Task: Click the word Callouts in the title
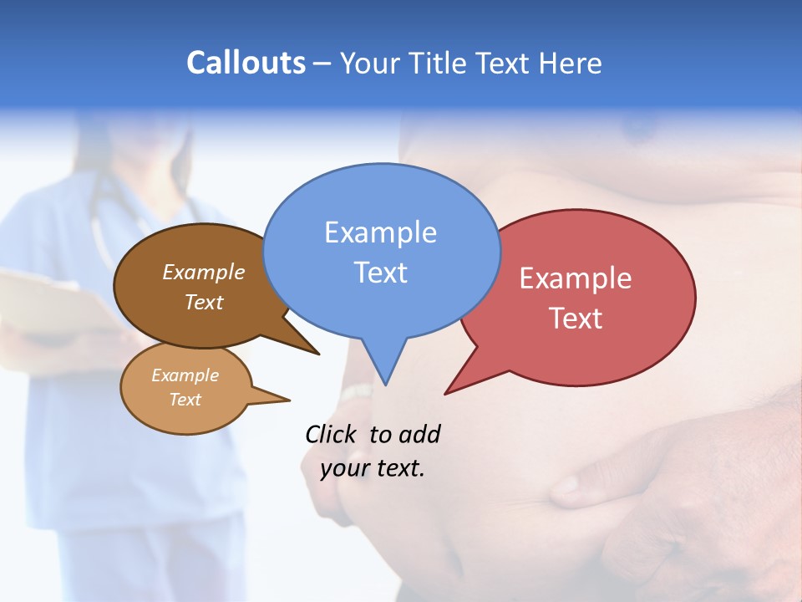pos(246,63)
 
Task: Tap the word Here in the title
pos(571,63)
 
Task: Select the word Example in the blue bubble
pos(380,232)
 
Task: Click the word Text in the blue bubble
pos(380,273)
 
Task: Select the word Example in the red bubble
pos(576,278)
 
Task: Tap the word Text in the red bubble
pos(576,319)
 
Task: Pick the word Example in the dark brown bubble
pos(203,272)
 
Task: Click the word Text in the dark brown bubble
pos(203,302)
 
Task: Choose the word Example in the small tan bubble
pos(185,375)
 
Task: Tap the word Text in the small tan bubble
pos(185,400)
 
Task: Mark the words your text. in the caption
pos(372,468)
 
